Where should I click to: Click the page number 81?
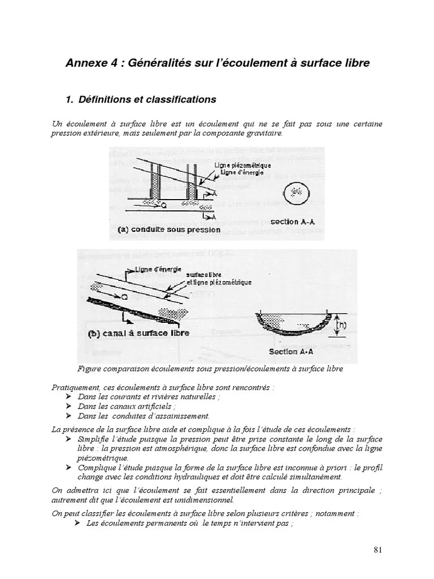pos(378,550)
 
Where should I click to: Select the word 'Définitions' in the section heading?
pos(105,100)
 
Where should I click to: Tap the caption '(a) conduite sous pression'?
pos(169,230)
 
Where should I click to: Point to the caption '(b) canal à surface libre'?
pos(138,333)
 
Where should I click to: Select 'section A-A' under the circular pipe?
pos(293,222)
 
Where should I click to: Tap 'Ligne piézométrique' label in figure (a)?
pos(242,165)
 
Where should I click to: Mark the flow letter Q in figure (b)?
pos(124,296)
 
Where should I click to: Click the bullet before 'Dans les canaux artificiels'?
pos(68,406)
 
